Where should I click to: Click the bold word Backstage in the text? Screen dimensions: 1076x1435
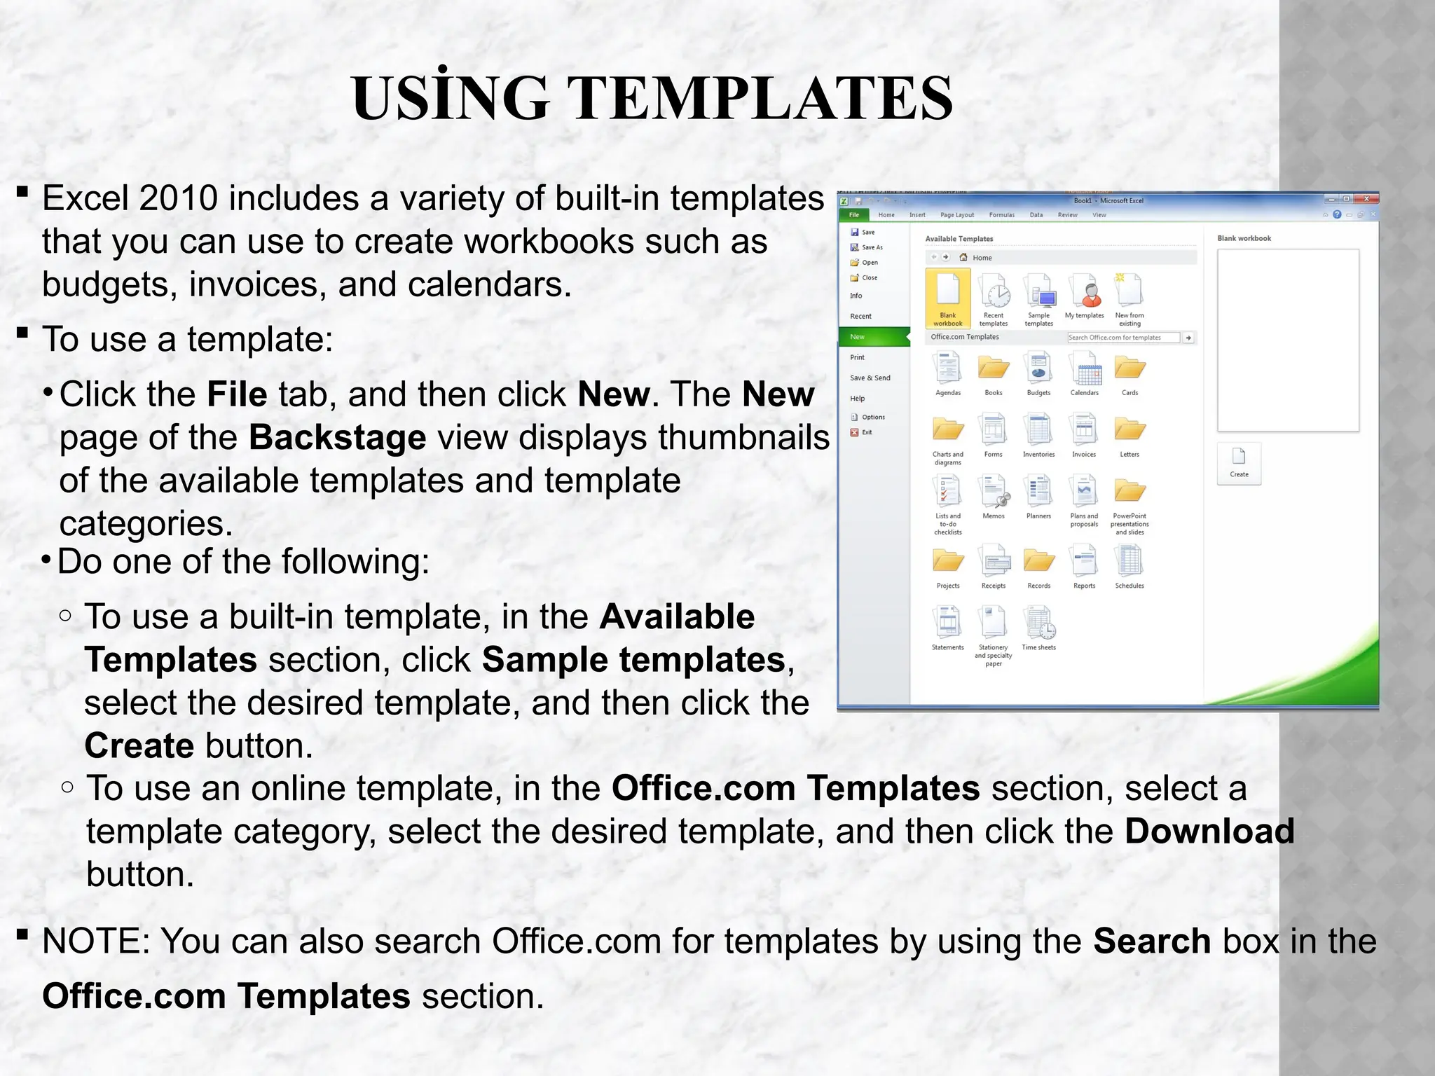337,438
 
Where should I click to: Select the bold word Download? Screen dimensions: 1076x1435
1209,832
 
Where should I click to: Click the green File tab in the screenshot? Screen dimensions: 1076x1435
853,215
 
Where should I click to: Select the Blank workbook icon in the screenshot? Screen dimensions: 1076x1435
947,293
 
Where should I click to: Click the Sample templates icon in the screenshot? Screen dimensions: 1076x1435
1038,293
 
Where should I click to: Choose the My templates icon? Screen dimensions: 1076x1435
1084,293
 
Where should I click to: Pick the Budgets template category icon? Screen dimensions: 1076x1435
1038,369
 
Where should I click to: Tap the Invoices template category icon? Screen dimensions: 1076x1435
1084,431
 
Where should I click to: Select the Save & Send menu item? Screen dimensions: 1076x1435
870,378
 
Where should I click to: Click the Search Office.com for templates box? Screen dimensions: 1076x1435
1122,338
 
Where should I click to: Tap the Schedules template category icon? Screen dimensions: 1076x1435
1130,562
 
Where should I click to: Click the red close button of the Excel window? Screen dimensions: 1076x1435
1366,200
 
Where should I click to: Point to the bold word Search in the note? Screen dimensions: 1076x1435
1152,941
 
